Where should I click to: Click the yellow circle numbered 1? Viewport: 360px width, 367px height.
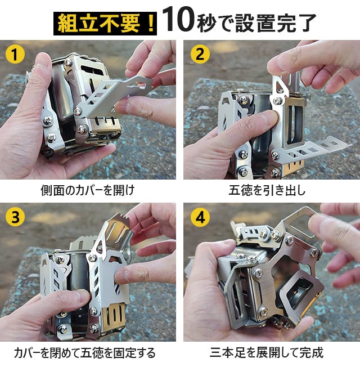click(15, 54)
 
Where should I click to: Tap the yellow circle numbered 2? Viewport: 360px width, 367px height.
click(200, 54)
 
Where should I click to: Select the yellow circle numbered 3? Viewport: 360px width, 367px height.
click(15, 217)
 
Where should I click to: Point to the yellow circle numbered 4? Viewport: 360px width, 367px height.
click(200, 217)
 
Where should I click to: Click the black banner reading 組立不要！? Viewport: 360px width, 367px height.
click(105, 24)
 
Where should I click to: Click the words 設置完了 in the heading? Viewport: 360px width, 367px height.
click(276, 23)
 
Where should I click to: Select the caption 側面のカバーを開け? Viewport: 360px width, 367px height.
click(88, 190)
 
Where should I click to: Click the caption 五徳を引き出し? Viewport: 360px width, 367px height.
click(267, 190)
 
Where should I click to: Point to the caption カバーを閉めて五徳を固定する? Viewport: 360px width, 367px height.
click(85, 353)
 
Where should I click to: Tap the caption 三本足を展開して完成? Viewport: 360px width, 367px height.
click(267, 352)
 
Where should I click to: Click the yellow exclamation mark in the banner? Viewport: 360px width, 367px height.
click(151, 24)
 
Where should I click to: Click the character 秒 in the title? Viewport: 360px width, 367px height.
click(206, 24)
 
